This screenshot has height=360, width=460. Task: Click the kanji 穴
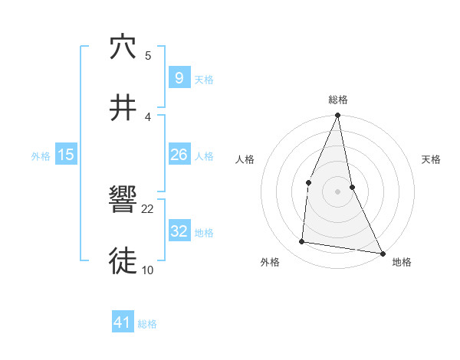(x=123, y=47)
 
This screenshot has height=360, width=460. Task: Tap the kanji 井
(x=123, y=107)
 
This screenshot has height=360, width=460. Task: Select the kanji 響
(x=123, y=201)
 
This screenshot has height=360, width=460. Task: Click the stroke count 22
(x=148, y=208)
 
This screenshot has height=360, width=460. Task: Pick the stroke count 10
(x=148, y=270)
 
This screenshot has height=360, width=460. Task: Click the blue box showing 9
(x=179, y=78)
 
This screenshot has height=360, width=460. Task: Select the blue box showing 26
(x=179, y=155)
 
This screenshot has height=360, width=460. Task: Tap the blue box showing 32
(x=179, y=231)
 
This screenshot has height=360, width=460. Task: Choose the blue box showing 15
(x=66, y=155)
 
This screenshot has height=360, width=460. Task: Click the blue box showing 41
(x=123, y=323)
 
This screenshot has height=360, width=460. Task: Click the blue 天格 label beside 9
(x=204, y=80)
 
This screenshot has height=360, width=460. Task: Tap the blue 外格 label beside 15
(x=41, y=156)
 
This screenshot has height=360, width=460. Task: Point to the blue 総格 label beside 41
(x=147, y=325)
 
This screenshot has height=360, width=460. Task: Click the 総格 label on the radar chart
(x=338, y=100)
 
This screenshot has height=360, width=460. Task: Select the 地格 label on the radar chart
(x=402, y=263)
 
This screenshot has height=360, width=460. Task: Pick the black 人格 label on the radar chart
(x=245, y=160)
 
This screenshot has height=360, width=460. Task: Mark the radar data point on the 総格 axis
(x=337, y=116)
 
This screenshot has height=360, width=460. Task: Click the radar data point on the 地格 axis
(x=382, y=253)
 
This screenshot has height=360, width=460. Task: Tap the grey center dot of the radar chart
(x=337, y=191)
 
